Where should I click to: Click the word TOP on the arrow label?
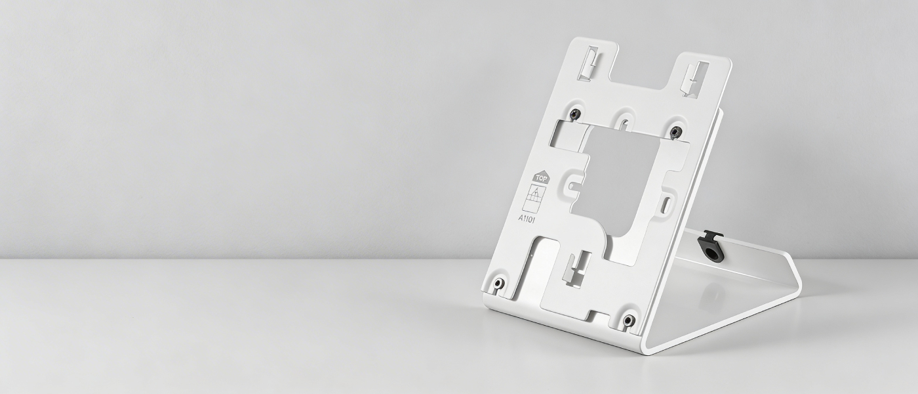[x=540, y=178]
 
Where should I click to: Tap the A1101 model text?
[x=529, y=217]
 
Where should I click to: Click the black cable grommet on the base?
[x=709, y=246]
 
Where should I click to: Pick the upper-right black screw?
[x=675, y=132]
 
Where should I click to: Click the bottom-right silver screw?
[x=628, y=320]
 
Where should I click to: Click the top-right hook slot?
[x=692, y=79]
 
